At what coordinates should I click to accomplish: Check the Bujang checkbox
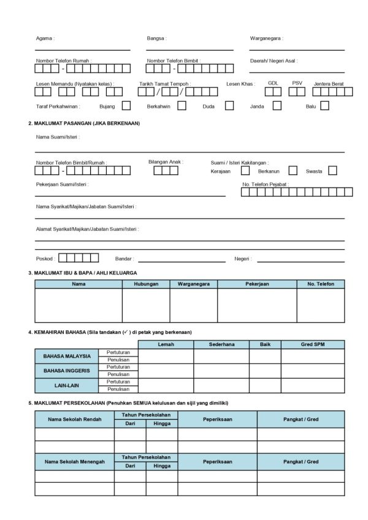click(126, 105)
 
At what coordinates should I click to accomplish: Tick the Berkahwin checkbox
click(182, 105)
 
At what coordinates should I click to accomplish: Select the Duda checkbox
click(229, 105)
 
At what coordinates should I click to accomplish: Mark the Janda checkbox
click(277, 105)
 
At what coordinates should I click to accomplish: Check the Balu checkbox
click(324, 105)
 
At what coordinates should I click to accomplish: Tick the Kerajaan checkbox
click(245, 171)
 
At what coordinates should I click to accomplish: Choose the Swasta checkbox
click(332, 171)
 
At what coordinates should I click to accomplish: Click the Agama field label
click(45, 38)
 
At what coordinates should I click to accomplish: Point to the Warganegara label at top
click(266, 38)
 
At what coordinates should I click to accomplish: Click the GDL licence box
click(273, 92)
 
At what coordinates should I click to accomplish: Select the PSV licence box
click(297, 92)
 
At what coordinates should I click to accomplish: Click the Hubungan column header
click(146, 284)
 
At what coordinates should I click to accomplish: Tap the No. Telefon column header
click(320, 284)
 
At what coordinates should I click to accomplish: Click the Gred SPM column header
click(312, 344)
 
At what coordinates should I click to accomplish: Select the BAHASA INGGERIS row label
click(67, 371)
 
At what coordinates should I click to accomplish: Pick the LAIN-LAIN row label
click(67, 385)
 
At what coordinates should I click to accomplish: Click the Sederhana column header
click(221, 344)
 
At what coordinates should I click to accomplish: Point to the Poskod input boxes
click(79, 258)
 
